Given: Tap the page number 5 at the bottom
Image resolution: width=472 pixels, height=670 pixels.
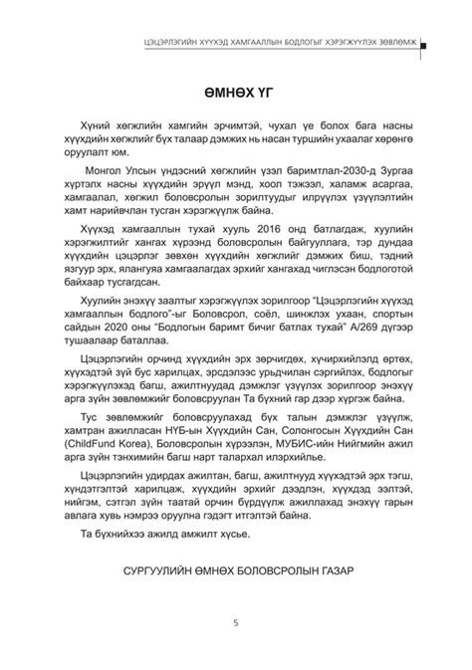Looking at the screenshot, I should pos(235,624).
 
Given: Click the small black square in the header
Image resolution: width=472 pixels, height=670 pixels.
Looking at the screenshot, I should pos(424,46).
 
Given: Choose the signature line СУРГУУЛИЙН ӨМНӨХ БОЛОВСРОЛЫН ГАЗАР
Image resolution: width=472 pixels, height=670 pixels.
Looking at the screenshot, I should pos(235,574).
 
